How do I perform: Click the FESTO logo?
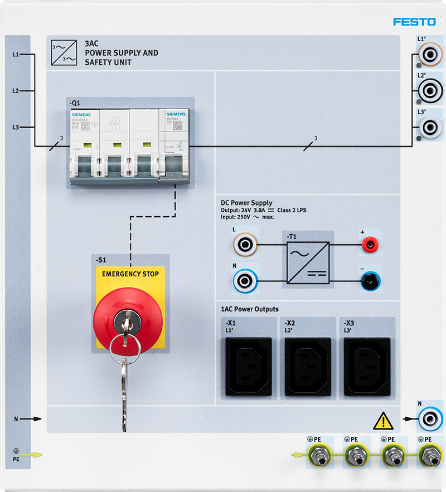pos(414,22)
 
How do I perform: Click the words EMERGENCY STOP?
pos(130,274)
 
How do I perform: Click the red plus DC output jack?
pos(369,243)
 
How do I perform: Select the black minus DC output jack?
pos(369,282)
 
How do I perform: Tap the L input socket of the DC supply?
pos(245,243)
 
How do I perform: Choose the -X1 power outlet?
pos(249,366)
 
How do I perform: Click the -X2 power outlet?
pos(308,366)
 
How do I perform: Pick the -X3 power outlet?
pos(367,366)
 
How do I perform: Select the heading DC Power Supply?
pos(247,203)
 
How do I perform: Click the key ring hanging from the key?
pos(125,349)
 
